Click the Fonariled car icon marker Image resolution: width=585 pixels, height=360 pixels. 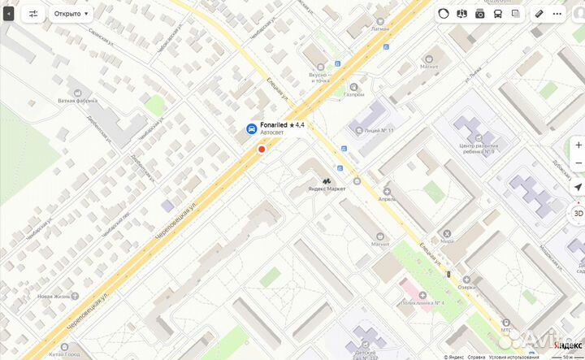(252, 128)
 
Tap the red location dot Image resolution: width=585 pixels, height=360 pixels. (262, 149)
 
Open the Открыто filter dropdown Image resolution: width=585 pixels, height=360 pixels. (71, 14)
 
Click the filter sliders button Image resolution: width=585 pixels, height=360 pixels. (33, 14)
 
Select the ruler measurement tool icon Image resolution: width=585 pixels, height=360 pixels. (539, 14)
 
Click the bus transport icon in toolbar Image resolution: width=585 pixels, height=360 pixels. (497, 14)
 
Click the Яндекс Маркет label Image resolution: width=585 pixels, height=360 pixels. (327, 189)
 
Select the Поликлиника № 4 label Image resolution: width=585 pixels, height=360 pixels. (422, 303)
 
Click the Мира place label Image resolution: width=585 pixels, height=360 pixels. (447, 241)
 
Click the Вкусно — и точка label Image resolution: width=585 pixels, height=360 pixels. (318, 77)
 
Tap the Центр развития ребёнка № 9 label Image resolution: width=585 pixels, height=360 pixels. (477, 148)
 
